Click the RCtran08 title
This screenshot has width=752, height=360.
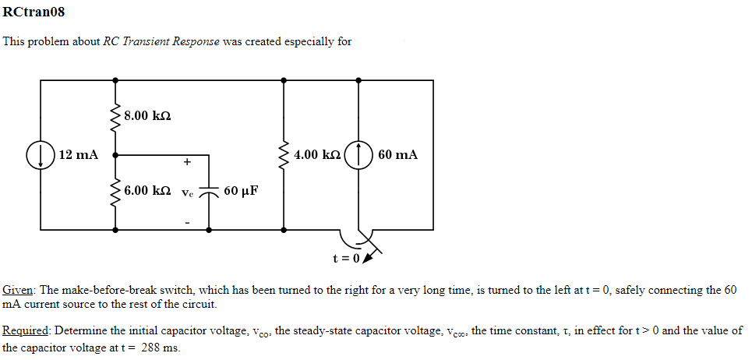click(x=34, y=12)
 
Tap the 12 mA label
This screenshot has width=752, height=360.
click(x=79, y=154)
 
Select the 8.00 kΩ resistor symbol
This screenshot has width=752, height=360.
click(x=116, y=117)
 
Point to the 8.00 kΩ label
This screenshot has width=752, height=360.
click(x=147, y=116)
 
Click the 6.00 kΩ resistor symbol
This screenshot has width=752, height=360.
click(x=116, y=192)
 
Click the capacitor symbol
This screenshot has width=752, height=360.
click(x=209, y=192)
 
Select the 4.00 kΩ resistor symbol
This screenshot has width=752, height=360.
click(x=284, y=154)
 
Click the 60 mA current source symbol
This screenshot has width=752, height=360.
click(x=358, y=154)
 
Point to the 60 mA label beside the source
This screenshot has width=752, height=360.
click(x=397, y=154)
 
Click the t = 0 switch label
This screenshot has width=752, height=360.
click(x=347, y=258)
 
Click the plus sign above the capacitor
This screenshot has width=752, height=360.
click(x=187, y=163)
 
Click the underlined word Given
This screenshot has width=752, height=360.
click(x=18, y=290)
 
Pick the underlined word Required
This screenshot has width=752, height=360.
click(x=26, y=330)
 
